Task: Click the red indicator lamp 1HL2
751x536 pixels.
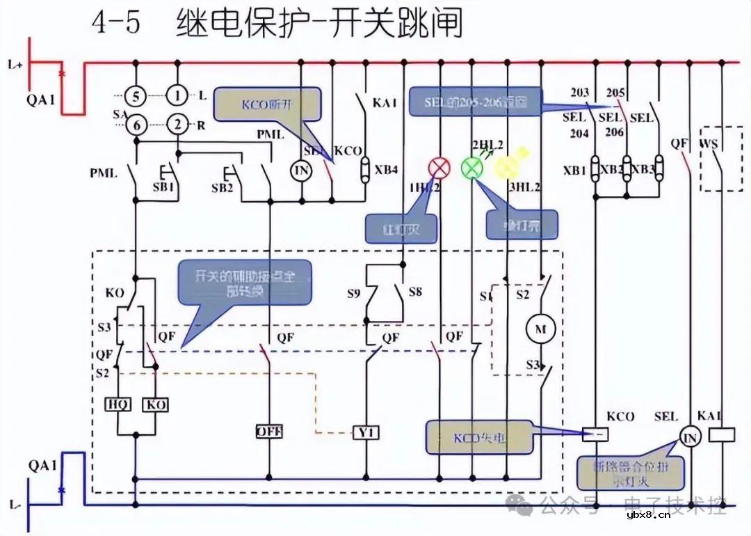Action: click(439, 168)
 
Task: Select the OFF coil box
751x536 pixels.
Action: click(269, 432)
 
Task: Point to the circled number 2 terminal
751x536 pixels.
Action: click(179, 125)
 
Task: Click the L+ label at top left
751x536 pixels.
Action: click(16, 65)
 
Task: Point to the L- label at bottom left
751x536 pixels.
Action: click(15, 503)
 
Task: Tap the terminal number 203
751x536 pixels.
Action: click(579, 93)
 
